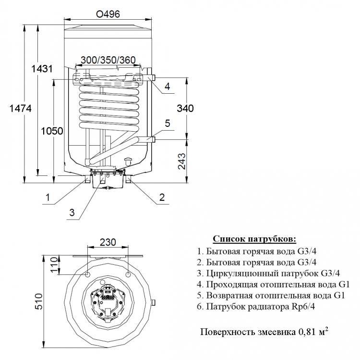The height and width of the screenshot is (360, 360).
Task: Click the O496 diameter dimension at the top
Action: click(108, 14)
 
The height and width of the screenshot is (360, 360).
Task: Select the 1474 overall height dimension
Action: click(21, 108)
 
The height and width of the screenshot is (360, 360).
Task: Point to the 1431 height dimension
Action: click(42, 69)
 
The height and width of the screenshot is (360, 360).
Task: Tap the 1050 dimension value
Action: click(52, 131)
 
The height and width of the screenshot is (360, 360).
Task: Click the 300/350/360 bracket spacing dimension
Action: click(108, 60)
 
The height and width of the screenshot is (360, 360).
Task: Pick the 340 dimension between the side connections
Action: click(185, 108)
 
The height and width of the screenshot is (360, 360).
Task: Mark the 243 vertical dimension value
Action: click(182, 161)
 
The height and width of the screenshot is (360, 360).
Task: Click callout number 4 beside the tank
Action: click(168, 87)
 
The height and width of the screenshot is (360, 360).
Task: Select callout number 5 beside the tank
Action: click(168, 124)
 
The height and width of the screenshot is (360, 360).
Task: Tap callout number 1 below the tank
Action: click(48, 197)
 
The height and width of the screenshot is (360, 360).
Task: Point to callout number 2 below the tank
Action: click(162, 197)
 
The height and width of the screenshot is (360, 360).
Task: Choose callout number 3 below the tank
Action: click(72, 212)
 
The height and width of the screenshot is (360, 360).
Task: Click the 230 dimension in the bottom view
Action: click(108, 242)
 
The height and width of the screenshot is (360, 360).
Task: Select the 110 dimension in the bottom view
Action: click(54, 265)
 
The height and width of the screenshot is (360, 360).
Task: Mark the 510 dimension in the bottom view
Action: click(38, 301)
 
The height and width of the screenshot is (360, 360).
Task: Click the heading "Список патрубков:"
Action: click(254, 239)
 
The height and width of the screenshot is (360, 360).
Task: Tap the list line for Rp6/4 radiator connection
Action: click(256, 307)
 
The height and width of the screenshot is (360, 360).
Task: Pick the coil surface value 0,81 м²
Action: click(313, 332)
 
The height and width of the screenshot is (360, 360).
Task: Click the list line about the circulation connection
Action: click(268, 273)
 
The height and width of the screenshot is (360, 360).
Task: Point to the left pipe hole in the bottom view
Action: click(87, 274)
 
